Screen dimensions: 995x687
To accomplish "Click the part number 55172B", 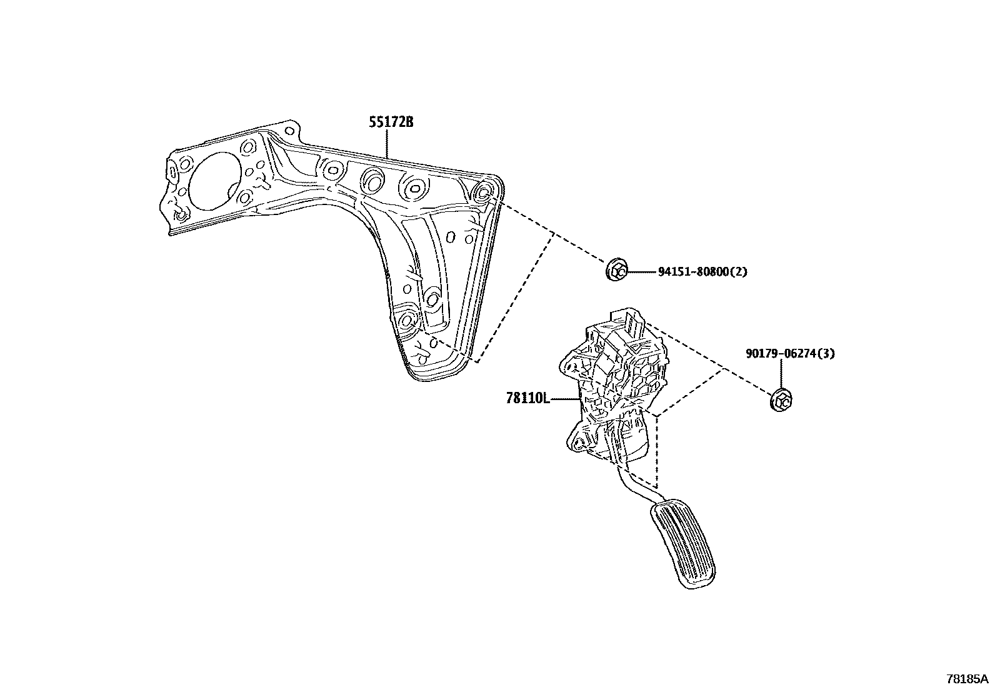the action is (391, 123).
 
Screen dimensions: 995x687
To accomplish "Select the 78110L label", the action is (527, 398).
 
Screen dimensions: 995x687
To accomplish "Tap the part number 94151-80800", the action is (693, 272).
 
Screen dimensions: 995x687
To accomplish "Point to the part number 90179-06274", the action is (781, 354).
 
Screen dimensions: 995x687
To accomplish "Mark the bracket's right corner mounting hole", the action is (484, 192).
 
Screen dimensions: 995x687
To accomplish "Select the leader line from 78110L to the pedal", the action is (566, 398).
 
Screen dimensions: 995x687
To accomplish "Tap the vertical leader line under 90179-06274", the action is (781, 374).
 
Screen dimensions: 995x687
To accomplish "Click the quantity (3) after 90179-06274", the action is (826, 354).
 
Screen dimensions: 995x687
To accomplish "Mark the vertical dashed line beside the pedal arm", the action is (657, 450).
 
